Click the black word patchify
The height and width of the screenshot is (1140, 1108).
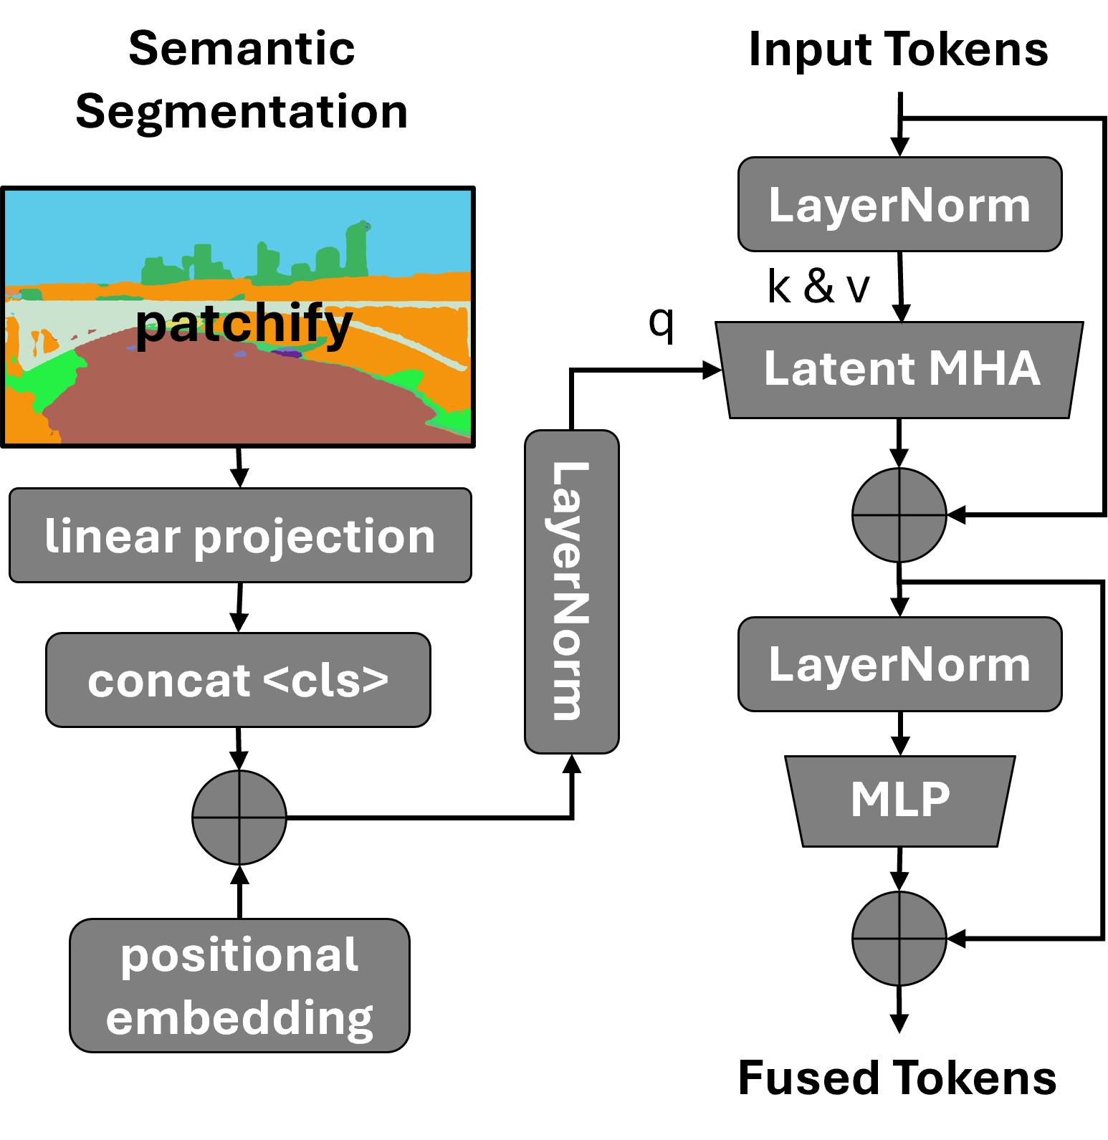pyautogui.click(x=244, y=325)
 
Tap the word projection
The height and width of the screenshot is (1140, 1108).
pyautogui.click(x=315, y=537)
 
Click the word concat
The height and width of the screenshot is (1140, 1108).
pyautogui.click(x=169, y=681)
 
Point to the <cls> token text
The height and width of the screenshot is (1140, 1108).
pyautogui.click(x=325, y=681)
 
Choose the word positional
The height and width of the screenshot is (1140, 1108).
pyautogui.click(x=239, y=955)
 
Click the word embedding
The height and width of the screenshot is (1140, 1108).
pyautogui.click(x=239, y=1018)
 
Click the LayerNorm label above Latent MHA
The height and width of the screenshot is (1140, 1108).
pyautogui.click(x=899, y=206)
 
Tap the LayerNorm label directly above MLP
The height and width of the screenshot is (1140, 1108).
pyautogui.click(x=899, y=665)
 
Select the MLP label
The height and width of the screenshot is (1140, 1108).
pyautogui.click(x=900, y=799)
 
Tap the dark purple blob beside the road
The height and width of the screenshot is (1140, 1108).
pyautogui.click(x=287, y=353)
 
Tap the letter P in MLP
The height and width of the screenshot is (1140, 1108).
pyautogui.click(x=935, y=799)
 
